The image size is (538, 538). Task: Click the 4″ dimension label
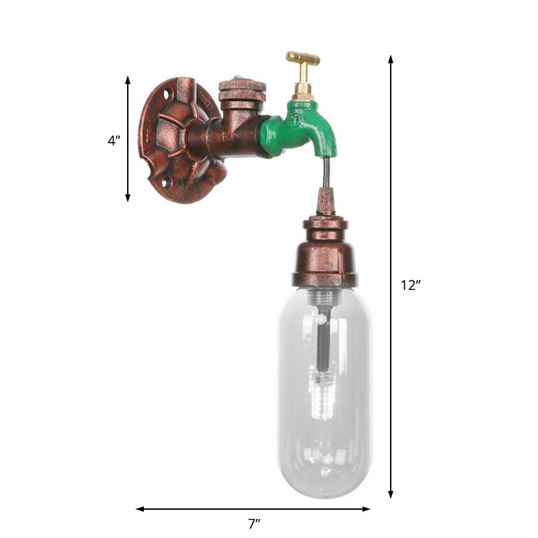(114, 141)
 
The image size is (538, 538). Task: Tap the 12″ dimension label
(410, 284)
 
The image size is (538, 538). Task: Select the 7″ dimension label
(254, 523)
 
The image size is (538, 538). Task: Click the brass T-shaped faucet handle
(303, 61)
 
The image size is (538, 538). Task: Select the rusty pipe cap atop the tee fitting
(242, 90)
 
